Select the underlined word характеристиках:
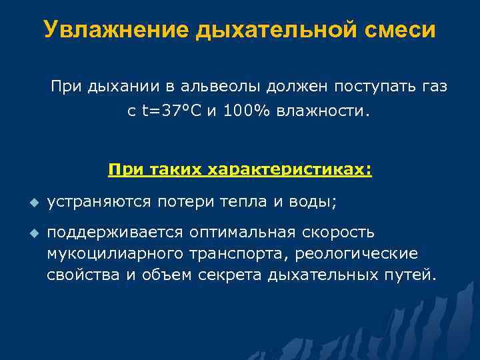click(x=290, y=170)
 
